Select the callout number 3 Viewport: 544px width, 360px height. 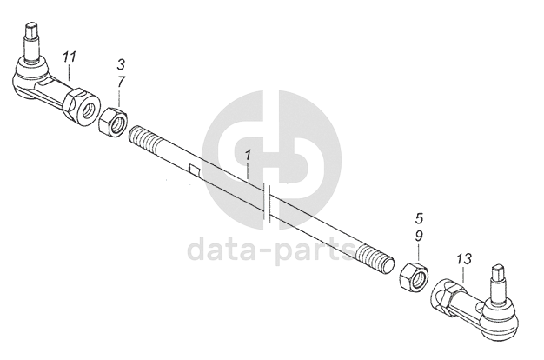coord(121,65)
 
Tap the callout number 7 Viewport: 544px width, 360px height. coord(121,81)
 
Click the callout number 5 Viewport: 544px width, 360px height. coord(419,218)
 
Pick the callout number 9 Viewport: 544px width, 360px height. coord(419,235)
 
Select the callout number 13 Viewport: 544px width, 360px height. coord(463,259)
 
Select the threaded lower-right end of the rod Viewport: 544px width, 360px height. coord(374,258)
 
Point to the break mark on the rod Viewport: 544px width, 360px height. coord(271,207)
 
